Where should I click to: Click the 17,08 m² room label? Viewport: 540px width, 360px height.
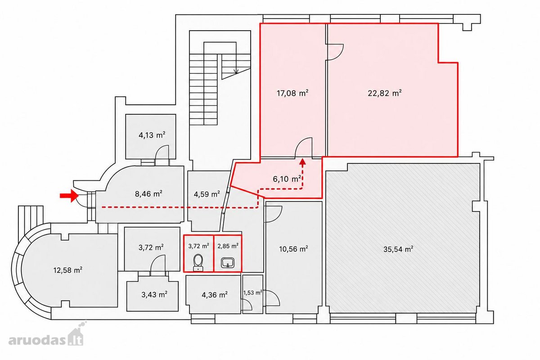tap(292, 93)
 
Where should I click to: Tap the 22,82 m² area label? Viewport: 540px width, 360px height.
tap(384, 93)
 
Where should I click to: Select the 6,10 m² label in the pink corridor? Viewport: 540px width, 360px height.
tap(287, 179)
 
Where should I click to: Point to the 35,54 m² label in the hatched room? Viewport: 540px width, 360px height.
tap(398, 249)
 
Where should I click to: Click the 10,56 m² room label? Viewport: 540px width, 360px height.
tap(293, 249)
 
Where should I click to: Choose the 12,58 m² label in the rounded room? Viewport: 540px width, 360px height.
tap(68, 270)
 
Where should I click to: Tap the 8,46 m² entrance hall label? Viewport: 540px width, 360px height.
tap(148, 193)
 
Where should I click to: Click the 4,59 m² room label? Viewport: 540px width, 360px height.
tap(207, 194)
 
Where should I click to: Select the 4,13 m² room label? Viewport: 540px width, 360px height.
tap(152, 135)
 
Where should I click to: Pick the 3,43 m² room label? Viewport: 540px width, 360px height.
tap(154, 294)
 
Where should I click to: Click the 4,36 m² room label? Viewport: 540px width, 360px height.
tap(215, 295)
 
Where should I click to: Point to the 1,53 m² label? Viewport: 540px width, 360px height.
tap(252, 293)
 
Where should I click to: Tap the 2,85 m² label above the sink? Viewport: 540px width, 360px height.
tap(228, 246)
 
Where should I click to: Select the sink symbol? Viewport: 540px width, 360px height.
tap(228, 263)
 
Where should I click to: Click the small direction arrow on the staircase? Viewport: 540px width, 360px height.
tap(236, 70)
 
